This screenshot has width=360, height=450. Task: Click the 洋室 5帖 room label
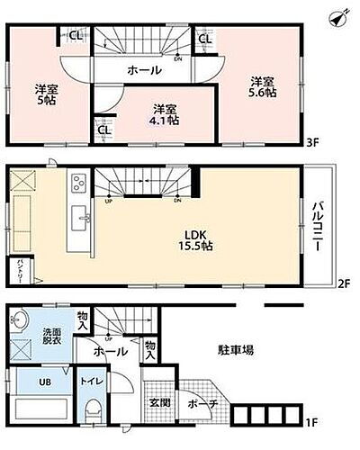pyautogui.click(x=47, y=94)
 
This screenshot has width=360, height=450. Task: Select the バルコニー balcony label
pyautogui.click(x=318, y=224)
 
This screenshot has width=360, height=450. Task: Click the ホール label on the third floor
pyautogui.click(x=144, y=70)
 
